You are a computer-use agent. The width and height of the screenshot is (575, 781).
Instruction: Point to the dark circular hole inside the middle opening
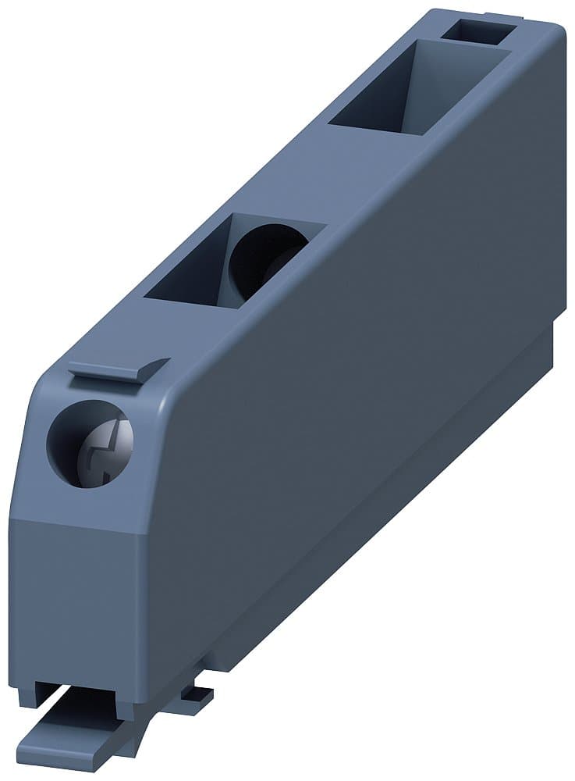265,258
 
